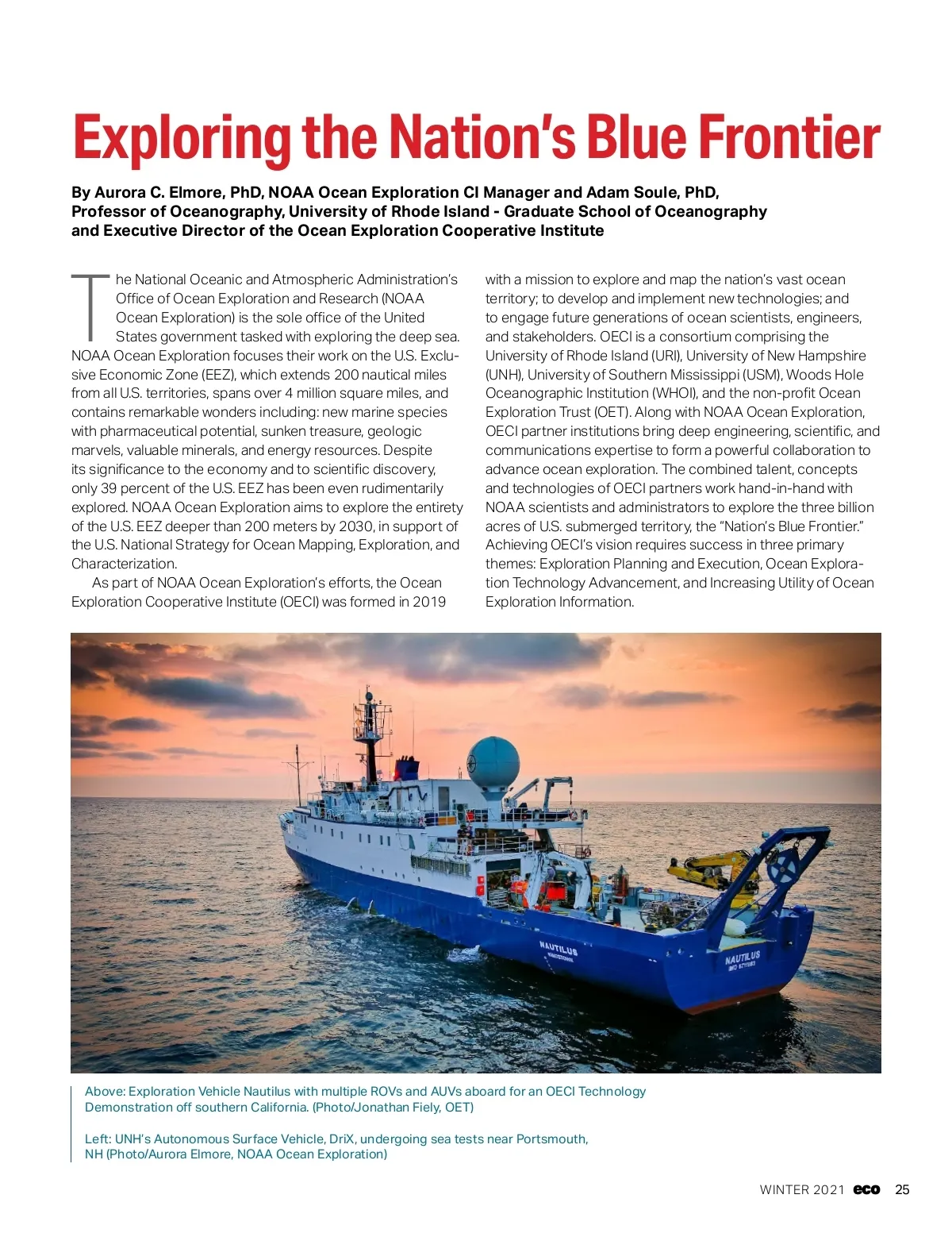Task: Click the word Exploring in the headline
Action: [x=182, y=139]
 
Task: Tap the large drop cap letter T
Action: [x=90, y=306]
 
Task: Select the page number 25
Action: [x=902, y=1189]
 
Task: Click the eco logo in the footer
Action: [x=866, y=1189]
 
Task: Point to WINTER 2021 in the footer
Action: [x=802, y=1189]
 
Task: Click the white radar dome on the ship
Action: [x=493, y=762]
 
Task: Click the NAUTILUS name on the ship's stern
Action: [x=743, y=957]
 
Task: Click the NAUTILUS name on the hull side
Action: [x=559, y=948]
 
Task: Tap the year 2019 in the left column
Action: [x=428, y=602]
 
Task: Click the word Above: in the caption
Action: [x=105, y=1091]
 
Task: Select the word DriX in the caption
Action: [x=341, y=1139]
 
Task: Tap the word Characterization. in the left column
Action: [x=125, y=564]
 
